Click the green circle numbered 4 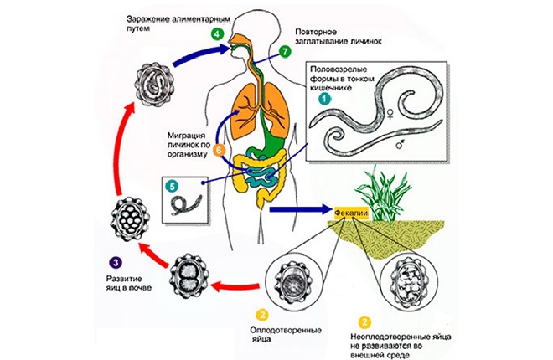tap(218, 34)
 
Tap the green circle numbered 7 tap(285, 52)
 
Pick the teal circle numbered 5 tap(173, 185)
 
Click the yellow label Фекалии tap(351, 213)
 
